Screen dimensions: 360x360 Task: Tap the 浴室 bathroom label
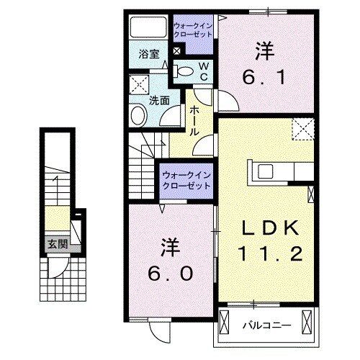coord(148,53)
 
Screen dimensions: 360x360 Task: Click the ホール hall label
coord(195,121)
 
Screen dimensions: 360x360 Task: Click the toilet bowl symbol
coord(184,71)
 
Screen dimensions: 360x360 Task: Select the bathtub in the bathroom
coord(148,30)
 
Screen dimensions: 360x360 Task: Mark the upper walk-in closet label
coord(192,30)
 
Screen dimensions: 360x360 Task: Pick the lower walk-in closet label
coord(186,179)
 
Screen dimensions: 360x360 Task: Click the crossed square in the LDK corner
coord(302,130)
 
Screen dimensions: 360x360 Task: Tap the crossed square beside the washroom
coord(139,85)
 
